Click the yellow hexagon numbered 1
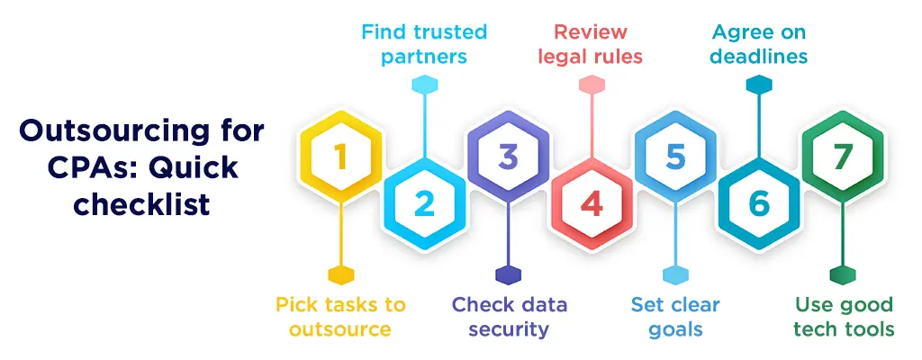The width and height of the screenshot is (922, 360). coord(340,158)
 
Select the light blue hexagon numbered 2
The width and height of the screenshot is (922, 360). coord(424,204)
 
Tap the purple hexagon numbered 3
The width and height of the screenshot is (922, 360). coord(509,158)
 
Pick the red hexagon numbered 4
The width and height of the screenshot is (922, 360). coord(592,204)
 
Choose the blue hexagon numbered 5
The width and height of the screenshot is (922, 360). coord(675,158)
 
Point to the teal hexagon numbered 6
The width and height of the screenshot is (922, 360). coord(759,204)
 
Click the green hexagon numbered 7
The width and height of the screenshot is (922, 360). coord(843,158)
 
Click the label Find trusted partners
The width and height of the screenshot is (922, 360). coord(424,44)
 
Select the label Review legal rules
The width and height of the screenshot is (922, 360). coord(591,44)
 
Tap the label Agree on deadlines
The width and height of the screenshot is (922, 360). coord(759,44)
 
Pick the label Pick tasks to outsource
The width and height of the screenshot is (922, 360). coord(340,317)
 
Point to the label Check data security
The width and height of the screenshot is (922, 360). coord(510,317)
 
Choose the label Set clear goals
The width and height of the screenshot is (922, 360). coord(675,317)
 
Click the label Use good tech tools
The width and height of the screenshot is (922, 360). coord(844,317)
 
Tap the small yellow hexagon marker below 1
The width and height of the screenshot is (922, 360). coord(340,274)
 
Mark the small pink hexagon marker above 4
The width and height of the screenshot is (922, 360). coord(592,85)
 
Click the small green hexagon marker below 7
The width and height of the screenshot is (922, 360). coord(843,274)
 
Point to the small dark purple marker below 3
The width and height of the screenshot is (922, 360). coord(509,274)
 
